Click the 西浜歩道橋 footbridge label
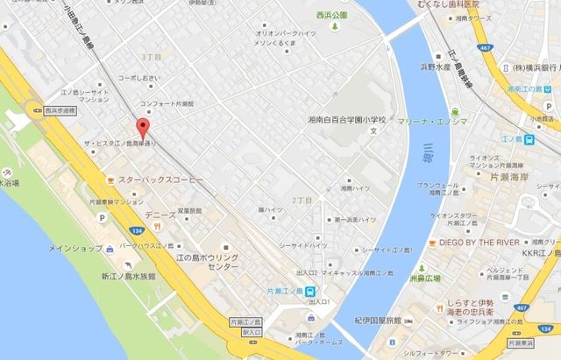58,112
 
